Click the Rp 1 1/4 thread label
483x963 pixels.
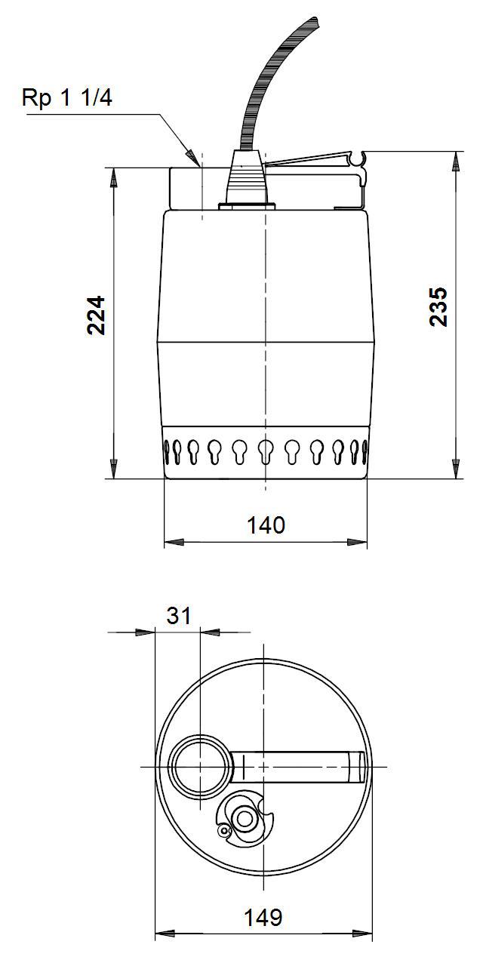tap(67, 99)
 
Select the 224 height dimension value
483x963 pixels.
tap(96, 315)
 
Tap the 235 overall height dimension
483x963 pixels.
tap(438, 306)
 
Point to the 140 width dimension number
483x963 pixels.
tap(266, 525)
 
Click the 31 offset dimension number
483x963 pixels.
tap(178, 616)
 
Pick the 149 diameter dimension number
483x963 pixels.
tap(263, 918)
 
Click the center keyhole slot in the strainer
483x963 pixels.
tap(264, 451)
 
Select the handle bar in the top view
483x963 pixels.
tap(302, 767)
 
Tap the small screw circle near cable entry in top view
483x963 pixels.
tap(223, 830)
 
